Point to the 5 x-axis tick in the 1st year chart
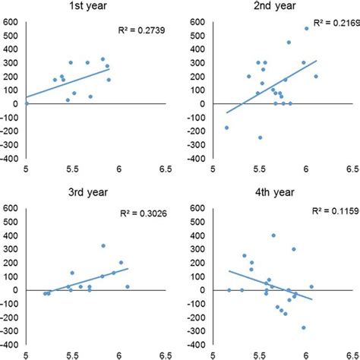point(27,170)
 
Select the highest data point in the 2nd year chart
point(307,29)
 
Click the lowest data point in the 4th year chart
point(304,327)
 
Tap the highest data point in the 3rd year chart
point(103,245)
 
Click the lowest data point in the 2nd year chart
point(260,137)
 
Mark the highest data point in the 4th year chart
point(274,235)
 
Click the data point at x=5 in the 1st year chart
point(27,103)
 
